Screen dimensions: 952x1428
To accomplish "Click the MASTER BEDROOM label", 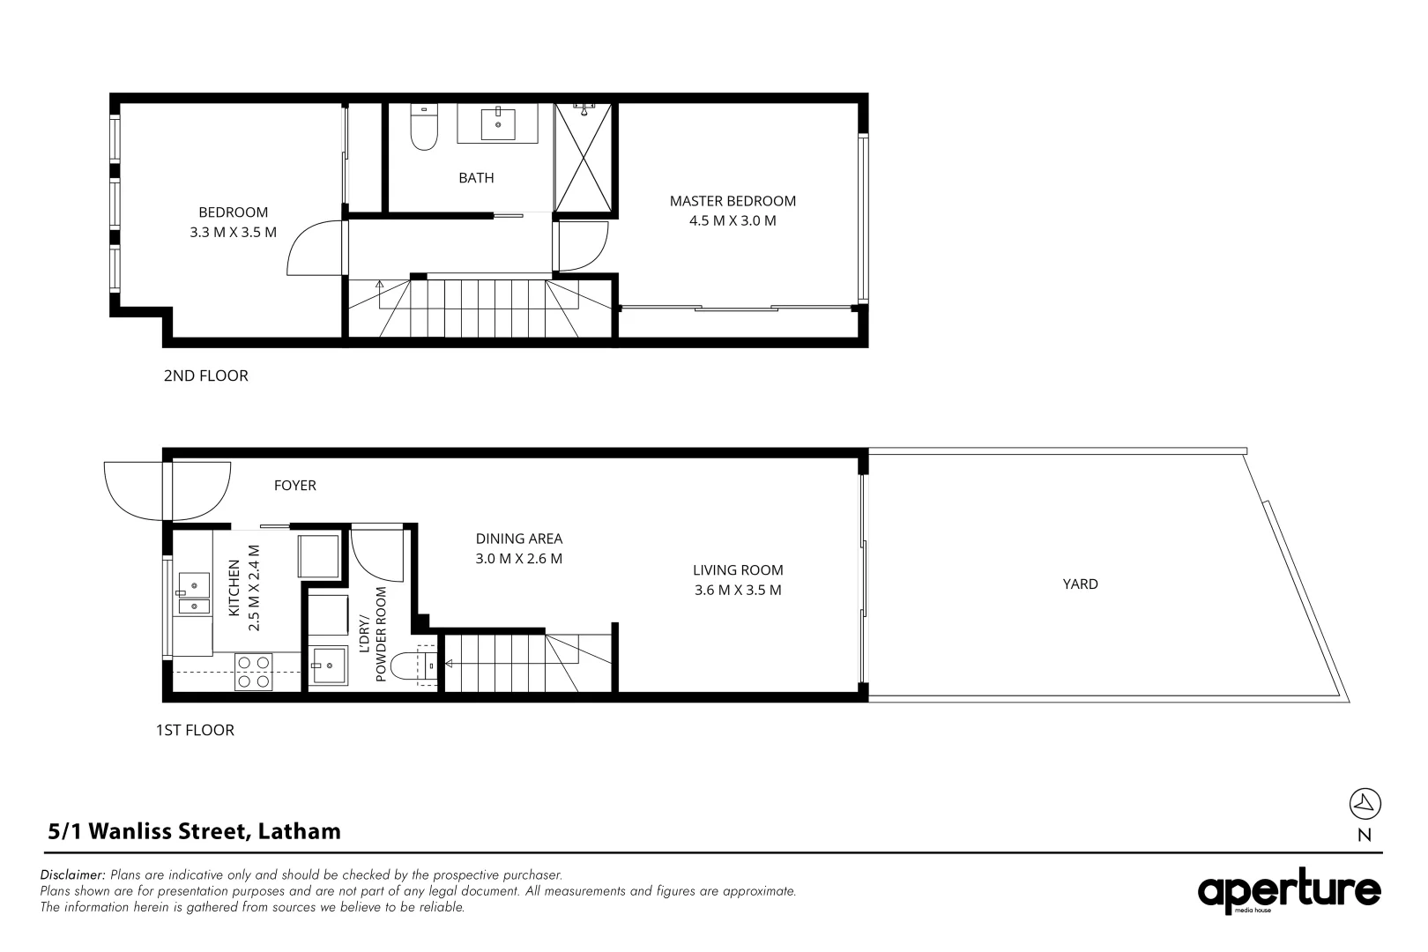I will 733,201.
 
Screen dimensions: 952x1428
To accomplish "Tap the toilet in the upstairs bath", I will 424,129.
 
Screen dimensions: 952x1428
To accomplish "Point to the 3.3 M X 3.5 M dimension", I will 233,233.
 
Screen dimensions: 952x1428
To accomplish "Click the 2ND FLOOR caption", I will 205,376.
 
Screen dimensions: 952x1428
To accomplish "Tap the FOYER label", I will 294,486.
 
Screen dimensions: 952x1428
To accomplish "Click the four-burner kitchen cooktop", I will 253,672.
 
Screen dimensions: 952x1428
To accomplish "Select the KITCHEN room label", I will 234,589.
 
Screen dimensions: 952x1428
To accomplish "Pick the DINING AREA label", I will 518,539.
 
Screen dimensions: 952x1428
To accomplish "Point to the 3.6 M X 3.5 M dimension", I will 738,591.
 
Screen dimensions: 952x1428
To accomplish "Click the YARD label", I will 1080,584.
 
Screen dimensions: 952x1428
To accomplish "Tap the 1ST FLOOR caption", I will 195,730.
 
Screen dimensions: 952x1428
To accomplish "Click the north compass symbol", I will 1365,803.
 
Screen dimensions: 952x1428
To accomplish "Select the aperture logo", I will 1289,892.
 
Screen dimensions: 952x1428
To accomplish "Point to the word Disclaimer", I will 73,875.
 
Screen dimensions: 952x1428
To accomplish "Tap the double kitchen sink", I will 193,593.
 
